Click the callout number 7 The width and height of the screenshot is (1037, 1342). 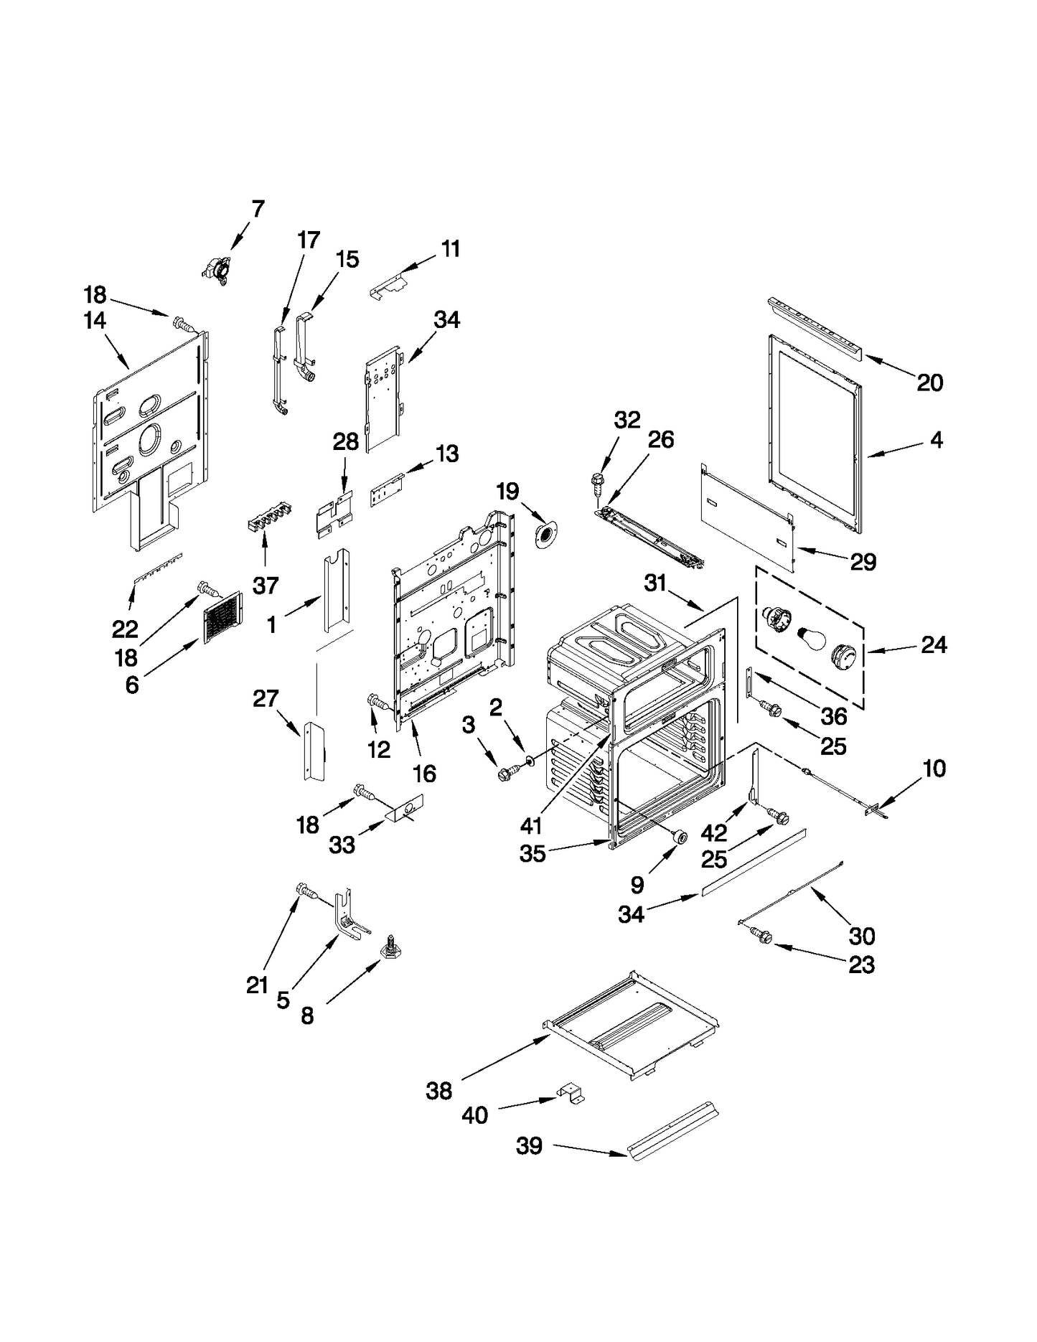(258, 209)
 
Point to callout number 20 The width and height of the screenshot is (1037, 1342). (930, 383)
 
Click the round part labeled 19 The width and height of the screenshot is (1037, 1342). (547, 535)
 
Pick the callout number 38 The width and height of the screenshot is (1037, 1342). (439, 1092)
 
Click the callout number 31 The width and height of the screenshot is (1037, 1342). (655, 583)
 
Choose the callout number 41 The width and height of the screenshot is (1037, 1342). (531, 826)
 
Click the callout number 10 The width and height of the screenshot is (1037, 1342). (934, 769)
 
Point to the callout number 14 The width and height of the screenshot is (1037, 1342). (95, 321)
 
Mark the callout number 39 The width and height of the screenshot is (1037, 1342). (530, 1146)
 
